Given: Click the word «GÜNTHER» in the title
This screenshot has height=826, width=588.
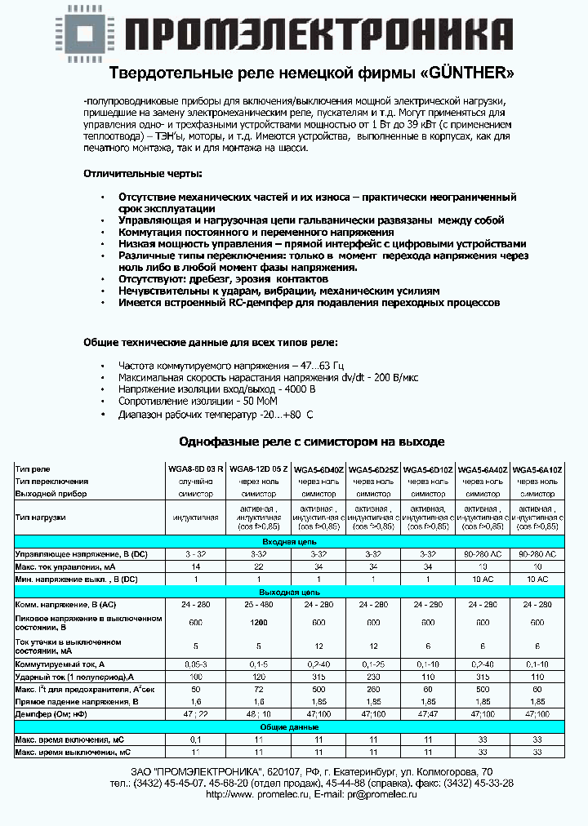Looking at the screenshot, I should [x=469, y=73].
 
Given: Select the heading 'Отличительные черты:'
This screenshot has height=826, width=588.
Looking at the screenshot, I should [x=141, y=174].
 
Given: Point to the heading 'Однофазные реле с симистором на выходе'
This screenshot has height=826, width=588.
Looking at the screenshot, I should [x=311, y=441].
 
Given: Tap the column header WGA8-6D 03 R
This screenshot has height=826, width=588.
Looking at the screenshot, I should [x=194, y=470].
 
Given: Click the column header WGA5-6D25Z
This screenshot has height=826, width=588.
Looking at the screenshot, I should [x=373, y=470].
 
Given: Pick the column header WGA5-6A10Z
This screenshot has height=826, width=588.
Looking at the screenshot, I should [x=537, y=470].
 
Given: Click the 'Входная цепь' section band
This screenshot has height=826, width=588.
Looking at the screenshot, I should [x=294, y=542].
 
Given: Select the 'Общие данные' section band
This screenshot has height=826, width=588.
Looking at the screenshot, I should [x=294, y=726].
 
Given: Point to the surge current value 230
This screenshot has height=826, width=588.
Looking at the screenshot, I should [x=373, y=677].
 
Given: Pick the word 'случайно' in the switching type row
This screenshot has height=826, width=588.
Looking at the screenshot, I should [x=194, y=482].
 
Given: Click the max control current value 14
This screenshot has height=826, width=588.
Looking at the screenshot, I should [x=194, y=566].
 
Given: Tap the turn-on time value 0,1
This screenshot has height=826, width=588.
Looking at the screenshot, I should [x=194, y=739].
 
